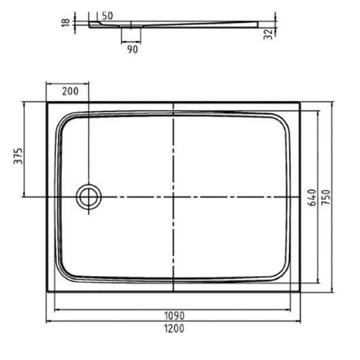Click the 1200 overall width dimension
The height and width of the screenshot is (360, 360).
pyautogui.click(x=174, y=328)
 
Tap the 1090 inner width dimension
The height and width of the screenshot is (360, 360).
pyautogui.click(x=174, y=316)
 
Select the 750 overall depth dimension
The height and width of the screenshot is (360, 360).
pyautogui.click(x=326, y=198)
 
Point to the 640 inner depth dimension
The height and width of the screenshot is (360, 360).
pyautogui.click(x=312, y=198)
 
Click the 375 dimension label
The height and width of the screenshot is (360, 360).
pyautogui.click(x=18, y=156)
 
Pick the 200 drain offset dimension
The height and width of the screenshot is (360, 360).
pyautogui.click(x=70, y=91)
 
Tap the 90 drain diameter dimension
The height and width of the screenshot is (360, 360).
pyautogui.click(x=133, y=49)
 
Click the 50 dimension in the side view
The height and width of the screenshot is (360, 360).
pyautogui.click(x=107, y=16)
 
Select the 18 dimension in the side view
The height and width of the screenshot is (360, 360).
pyautogui.click(x=66, y=22)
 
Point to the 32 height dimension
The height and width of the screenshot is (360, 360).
pyautogui.click(x=268, y=34)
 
